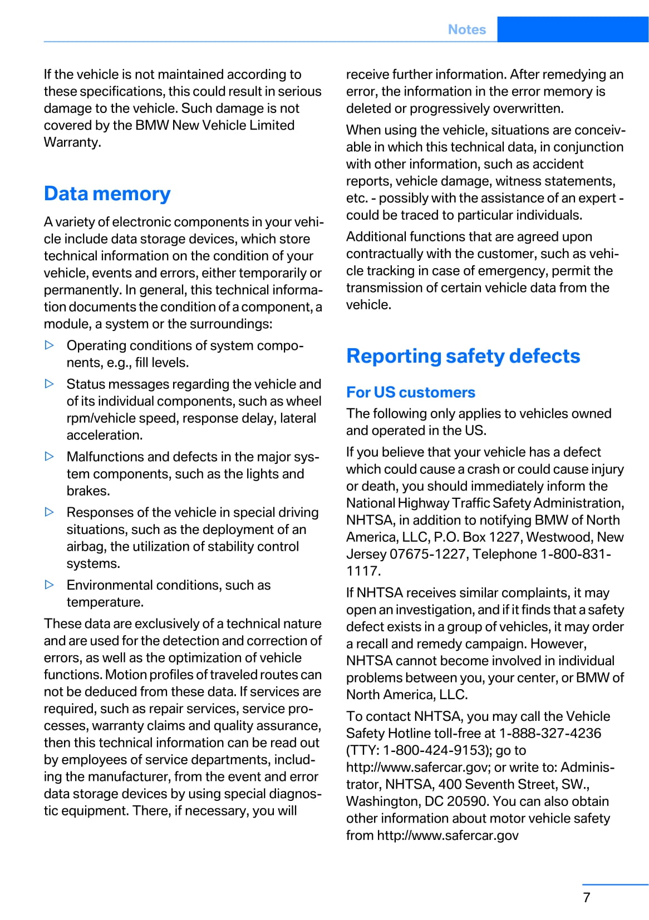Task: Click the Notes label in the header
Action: coord(466,29)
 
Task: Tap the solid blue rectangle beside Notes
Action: coord(572,29)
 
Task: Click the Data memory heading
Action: coord(107,194)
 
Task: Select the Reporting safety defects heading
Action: coord(463,356)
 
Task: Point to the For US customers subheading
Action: coord(411,392)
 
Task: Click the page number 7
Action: coord(587,898)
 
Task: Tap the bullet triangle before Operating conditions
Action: coord(50,345)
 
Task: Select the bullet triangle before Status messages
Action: coord(50,384)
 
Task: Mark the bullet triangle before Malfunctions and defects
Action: coord(50,457)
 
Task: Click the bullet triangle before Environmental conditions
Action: coord(50,585)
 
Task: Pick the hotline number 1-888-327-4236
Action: coord(550,733)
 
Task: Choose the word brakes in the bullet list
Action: coord(87,491)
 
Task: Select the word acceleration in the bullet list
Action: coord(104,436)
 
